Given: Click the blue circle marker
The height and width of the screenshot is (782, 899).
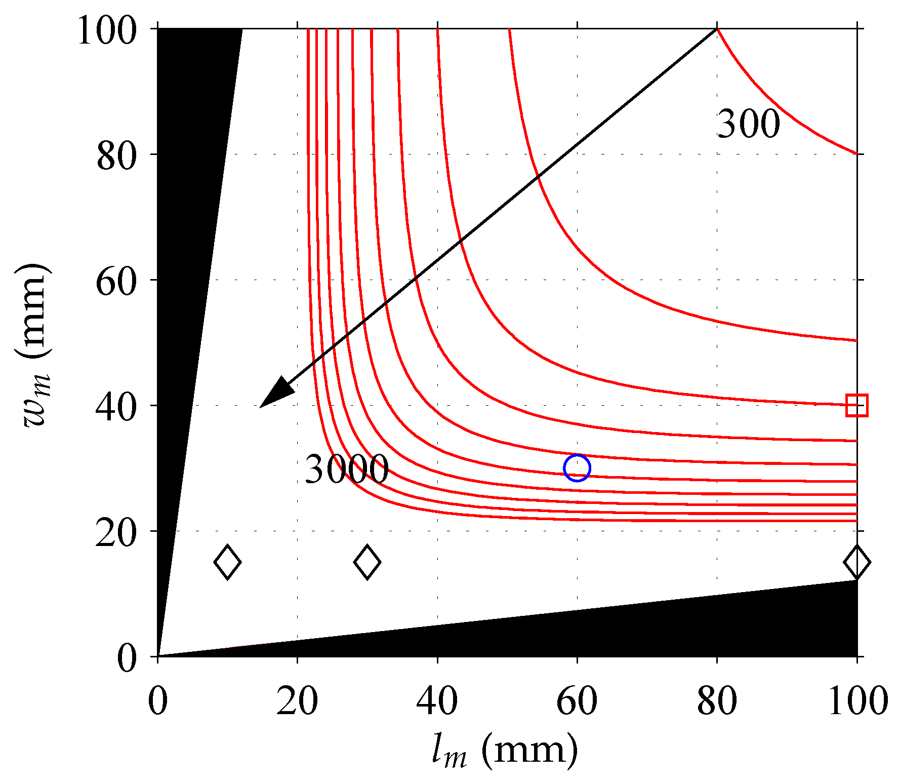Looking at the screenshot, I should [577, 468].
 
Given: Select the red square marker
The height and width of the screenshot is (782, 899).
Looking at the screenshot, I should [856, 405].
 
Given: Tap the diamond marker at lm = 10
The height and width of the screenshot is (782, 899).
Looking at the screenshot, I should [227, 562].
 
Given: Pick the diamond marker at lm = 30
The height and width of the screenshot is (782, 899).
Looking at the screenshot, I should [367, 562].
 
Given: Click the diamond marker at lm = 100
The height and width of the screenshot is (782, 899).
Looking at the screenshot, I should [856, 562].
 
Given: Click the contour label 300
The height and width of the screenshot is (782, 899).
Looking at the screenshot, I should [748, 124].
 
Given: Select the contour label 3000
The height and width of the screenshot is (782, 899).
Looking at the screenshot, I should [347, 469].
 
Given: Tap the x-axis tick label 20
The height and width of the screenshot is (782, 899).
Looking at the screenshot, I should [297, 702].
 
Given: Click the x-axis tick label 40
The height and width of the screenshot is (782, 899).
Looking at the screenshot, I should [437, 702].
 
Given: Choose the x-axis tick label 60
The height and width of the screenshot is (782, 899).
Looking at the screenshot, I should [577, 702].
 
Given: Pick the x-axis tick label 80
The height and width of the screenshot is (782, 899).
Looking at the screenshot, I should [717, 702].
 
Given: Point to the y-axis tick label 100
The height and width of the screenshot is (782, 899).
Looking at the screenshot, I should [107, 31].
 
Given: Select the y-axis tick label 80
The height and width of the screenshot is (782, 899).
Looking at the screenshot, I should [116, 156].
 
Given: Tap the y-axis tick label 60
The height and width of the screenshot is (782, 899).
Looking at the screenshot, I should [116, 282].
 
